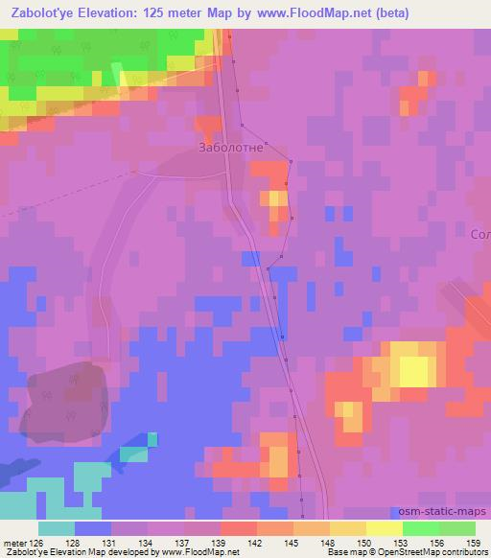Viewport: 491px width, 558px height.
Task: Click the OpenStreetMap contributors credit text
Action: point(438,552)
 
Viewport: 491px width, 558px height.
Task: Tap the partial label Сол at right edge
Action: point(480,234)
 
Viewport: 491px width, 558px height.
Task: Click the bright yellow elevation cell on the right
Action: point(414,370)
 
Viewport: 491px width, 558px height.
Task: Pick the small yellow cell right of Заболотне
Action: point(276,198)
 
